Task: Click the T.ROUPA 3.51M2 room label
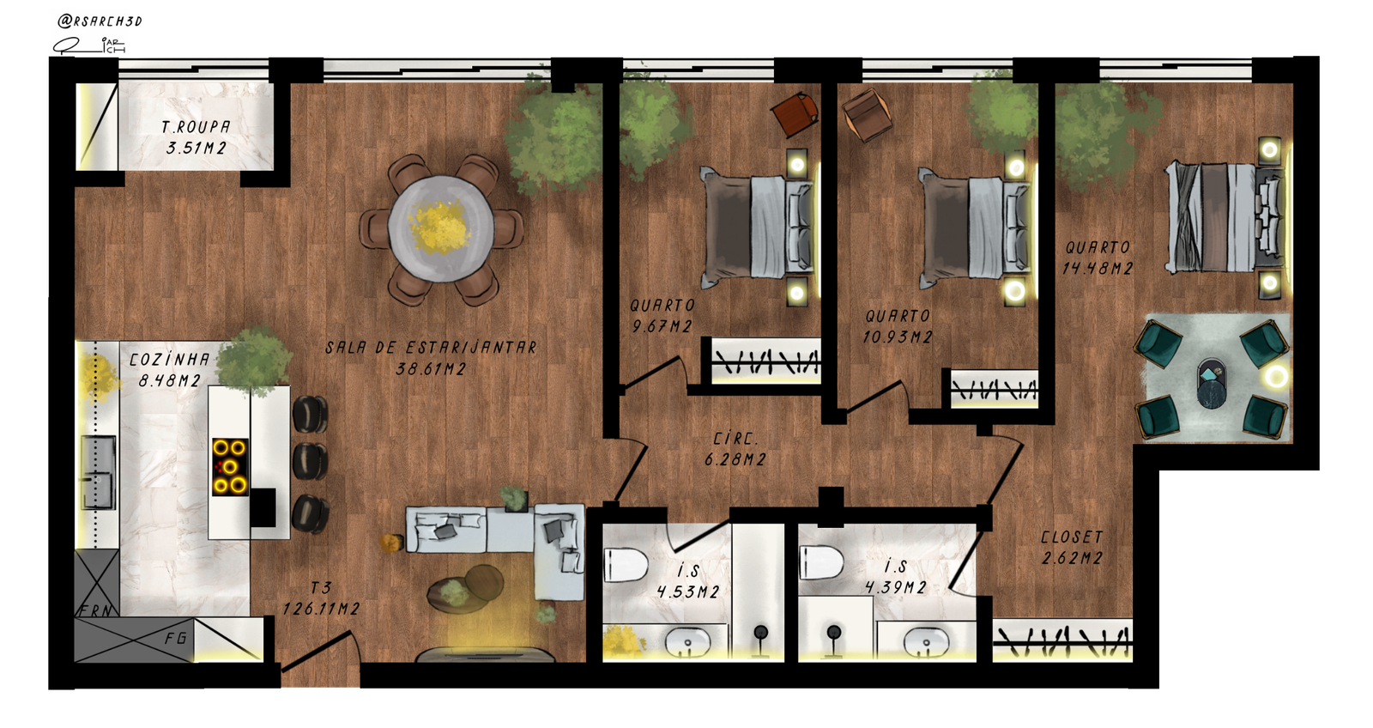click(x=197, y=137)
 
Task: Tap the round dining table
click(x=440, y=228)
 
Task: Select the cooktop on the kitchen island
click(x=231, y=467)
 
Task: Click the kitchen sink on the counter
click(x=99, y=472)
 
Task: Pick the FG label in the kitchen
click(x=175, y=639)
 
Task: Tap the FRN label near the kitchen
click(x=96, y=611)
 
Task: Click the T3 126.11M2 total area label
click(x=321, y=598)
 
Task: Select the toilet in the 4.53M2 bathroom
click(x=626, y=565)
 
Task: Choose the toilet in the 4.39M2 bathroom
click(x=821, y=562)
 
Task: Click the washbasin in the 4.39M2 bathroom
click(x=926, y=642)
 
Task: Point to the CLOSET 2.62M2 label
click(x=1072, y=548)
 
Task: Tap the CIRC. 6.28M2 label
click(x=735, y=450)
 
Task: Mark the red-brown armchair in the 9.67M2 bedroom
click(x=795, y=115)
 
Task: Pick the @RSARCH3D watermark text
click(x=100, y=21)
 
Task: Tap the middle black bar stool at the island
click(x=310, y=461)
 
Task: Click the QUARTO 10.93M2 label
click(x=898, y=327)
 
